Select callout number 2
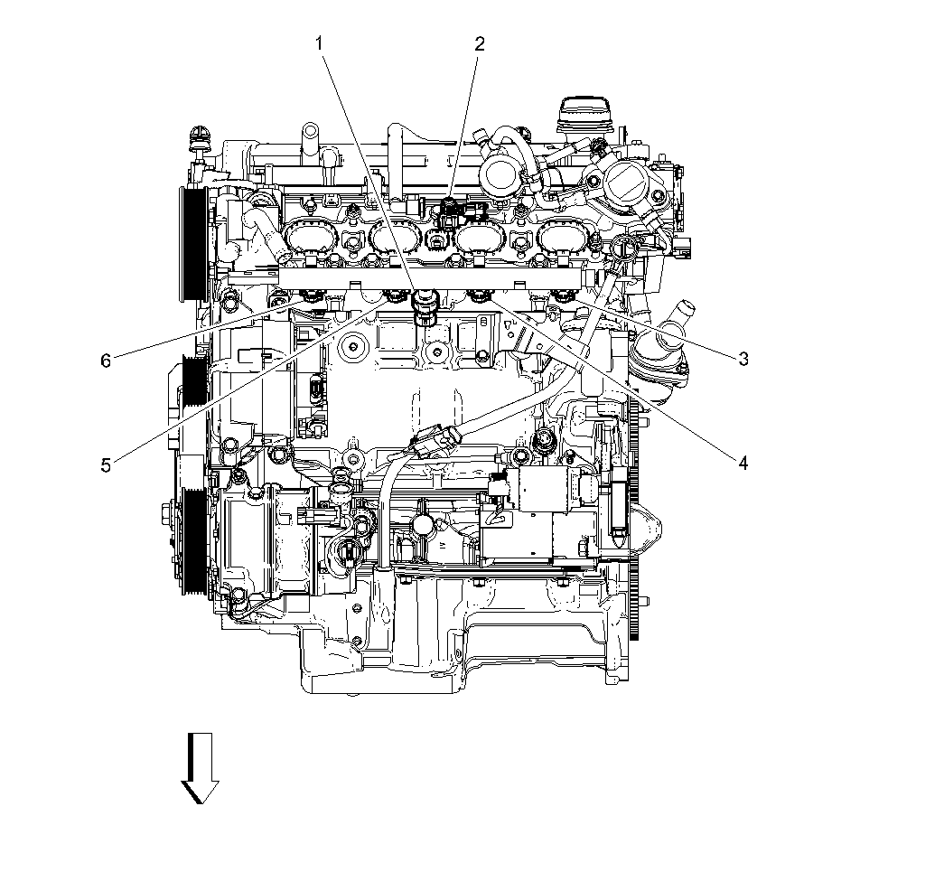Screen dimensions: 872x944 pos(480,42)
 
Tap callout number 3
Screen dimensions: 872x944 pos(743,359)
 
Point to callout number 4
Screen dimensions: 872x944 pos(743,463)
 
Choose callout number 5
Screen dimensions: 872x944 pos(106,464)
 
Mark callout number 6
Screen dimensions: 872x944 pos(106,361)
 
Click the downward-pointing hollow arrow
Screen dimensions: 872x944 pos(200,767)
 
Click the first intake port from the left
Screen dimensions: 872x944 pos(308,239)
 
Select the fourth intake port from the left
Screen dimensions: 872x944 pos(563,239)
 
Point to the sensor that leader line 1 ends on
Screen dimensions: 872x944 pos(423,307)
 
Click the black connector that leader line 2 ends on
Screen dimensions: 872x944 pos(449,214)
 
